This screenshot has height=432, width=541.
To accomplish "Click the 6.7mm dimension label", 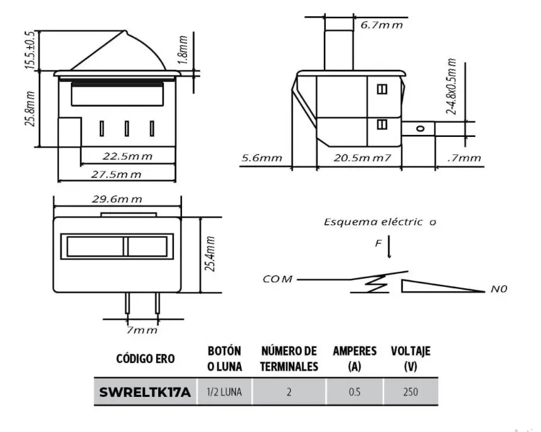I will coord(381,24).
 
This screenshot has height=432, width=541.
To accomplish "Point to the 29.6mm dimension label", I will coord(117,199).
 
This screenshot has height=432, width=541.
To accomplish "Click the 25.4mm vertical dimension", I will coord(212,254).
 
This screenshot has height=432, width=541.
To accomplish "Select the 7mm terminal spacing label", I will coord(141,330).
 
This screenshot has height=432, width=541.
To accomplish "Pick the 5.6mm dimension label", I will coord(262,158).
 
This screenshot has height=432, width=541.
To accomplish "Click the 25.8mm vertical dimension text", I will coord(29,109).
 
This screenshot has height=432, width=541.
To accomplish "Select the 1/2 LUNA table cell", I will coord(224,392).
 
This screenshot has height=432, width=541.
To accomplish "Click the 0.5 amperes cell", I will coord(355,392).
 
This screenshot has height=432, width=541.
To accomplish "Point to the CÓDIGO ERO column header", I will coord(146,359).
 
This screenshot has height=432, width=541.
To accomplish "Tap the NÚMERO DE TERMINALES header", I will coord(289,359).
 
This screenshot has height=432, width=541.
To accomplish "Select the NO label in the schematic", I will coord(499,289).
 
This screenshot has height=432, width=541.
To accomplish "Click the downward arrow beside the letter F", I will coord(389,247).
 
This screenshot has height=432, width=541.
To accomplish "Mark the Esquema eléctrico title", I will coord(380,222).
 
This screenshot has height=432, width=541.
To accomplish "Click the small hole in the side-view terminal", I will coord(420,128).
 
